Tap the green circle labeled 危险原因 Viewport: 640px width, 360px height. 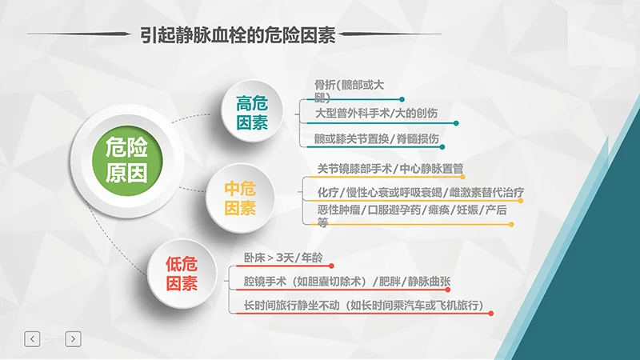coord(126,158)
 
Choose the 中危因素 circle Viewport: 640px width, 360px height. coord(239,198)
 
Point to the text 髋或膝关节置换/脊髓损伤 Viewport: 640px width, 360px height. coord(377,138)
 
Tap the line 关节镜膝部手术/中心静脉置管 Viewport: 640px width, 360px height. coord(390,169)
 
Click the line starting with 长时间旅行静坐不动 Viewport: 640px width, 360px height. coord(363,306)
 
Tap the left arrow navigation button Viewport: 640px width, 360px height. coord(32,339)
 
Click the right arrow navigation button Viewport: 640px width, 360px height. coord(73,339)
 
